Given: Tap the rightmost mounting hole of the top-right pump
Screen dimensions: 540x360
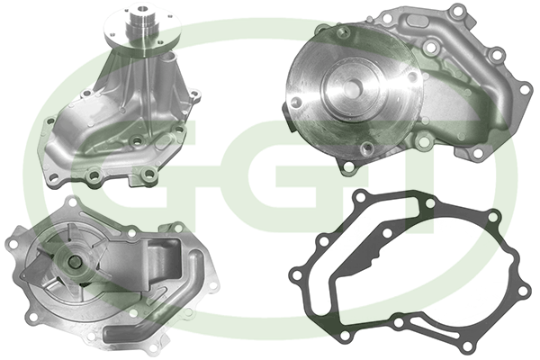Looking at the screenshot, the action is [524, 89].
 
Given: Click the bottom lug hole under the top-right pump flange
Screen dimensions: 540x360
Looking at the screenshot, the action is [348, 167].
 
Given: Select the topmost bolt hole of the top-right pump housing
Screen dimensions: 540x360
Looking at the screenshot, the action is [456, 12].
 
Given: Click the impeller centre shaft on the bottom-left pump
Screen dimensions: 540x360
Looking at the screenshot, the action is [74, 263].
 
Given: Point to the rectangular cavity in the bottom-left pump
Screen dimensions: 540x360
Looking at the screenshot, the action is [165, 259].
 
